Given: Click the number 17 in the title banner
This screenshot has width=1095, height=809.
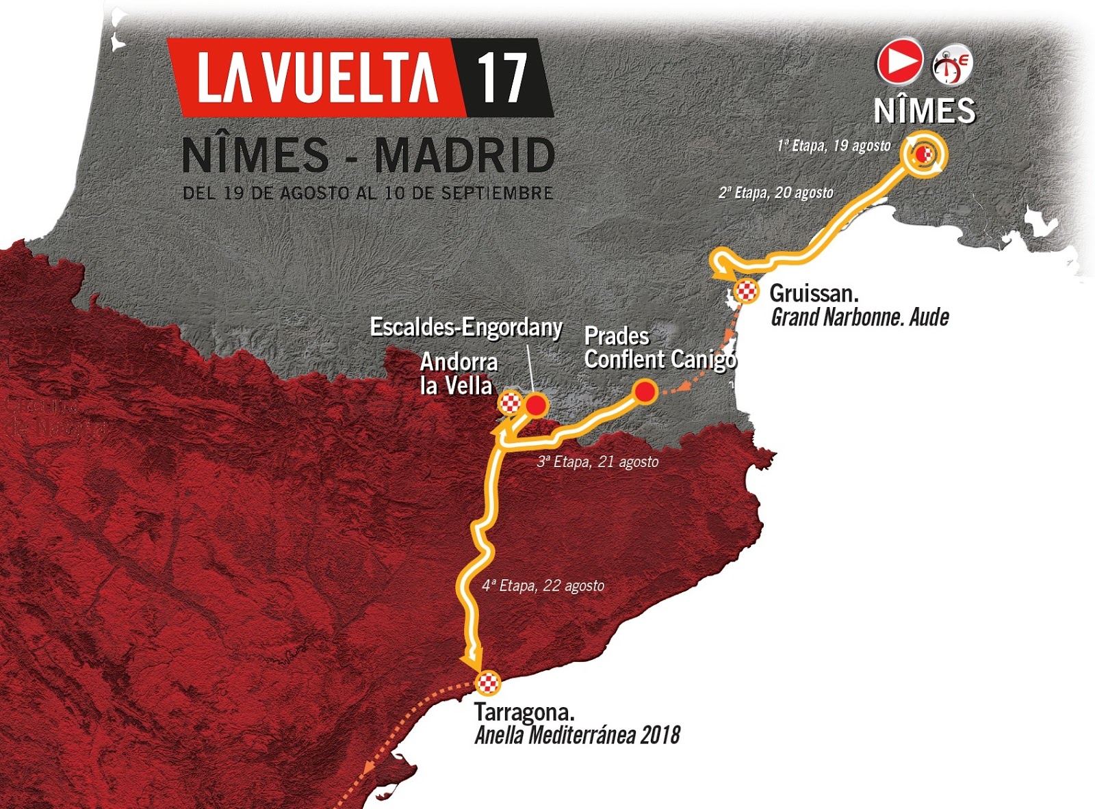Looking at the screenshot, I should (502, 77).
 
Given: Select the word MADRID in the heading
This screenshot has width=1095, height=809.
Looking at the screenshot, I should (465, 156).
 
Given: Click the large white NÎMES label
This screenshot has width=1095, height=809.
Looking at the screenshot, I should (925, 111).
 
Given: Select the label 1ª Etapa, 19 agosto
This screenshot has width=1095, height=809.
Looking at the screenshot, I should (834, 146).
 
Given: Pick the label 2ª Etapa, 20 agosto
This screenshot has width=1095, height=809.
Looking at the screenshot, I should (775, 193).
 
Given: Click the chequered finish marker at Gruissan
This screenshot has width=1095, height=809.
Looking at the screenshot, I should (747, 291).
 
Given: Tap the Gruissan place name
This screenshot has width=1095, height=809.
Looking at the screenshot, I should (814, 293).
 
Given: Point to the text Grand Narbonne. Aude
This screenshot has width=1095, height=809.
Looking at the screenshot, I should (860, 317).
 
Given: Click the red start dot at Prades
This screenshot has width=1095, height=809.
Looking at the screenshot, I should (645, 392).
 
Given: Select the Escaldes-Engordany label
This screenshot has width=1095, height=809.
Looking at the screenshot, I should (466, 327).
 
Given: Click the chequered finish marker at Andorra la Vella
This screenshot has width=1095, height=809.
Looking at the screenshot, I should (510, 403).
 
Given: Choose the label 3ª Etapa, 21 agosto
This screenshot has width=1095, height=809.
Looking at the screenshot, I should (597, 462).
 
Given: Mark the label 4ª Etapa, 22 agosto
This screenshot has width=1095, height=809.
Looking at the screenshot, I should (543, 586).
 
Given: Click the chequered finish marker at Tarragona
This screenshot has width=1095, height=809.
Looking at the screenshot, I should (488, 683).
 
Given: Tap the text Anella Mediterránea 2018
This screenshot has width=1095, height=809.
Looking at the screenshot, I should (577, 735).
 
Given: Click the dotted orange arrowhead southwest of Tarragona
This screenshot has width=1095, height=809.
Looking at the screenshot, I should (368, 767).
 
